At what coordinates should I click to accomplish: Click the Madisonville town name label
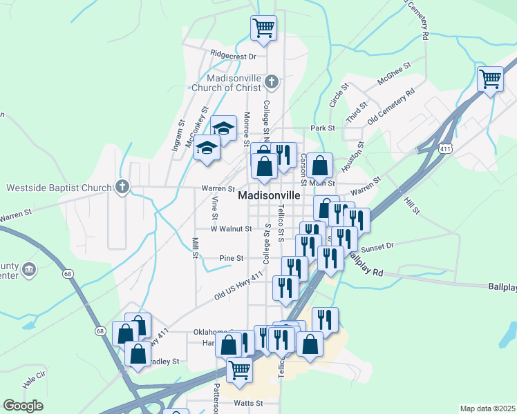pyautogui.click(x=270, y=195)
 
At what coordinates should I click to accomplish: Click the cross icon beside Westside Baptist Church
pyautogui.click(x=122, y=187)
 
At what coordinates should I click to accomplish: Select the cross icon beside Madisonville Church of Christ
pyautogui.click(x=272, y=82)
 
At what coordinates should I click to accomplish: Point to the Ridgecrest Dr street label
pyautogui.click(x=234, y=55)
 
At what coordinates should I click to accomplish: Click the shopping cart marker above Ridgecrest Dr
pyautogui.click(x=263, y=28)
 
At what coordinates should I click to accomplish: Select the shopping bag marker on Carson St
pyautogui.click(x=320, y=166)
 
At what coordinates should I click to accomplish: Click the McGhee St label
pyautogui.click(x=394, y=73)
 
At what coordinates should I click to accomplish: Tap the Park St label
pyautogui.click(x=323, y=128)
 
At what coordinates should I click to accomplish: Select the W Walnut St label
pyautogui.click(x=231, y=228)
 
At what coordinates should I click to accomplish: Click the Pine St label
pyautogui.click(x=232, y=258)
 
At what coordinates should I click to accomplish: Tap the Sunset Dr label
pyautogui.click(x=377, y=245)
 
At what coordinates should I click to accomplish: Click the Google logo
pyautogui.click(x=23, y=406)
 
